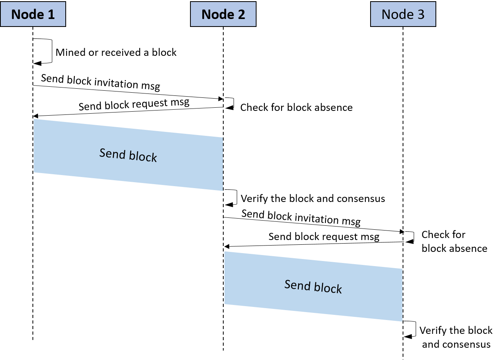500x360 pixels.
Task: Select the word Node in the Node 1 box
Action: [27, 14]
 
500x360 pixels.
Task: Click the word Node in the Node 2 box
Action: [217, 14]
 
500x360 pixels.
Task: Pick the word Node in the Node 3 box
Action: [397, 14]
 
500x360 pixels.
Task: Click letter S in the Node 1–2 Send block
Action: [102, 152]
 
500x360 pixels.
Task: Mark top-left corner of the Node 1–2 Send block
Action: [34, 119]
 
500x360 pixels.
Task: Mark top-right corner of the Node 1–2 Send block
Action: [222, 138]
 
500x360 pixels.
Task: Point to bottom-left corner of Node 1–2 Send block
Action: [34, 172]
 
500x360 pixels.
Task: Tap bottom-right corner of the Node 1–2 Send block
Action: [223, 190]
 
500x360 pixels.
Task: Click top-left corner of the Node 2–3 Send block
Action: [224, 251]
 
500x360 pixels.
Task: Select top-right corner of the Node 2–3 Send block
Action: [402, 269]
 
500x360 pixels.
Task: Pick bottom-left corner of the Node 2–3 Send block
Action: [225, 304]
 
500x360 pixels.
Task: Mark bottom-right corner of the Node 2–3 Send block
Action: [402, 321]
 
